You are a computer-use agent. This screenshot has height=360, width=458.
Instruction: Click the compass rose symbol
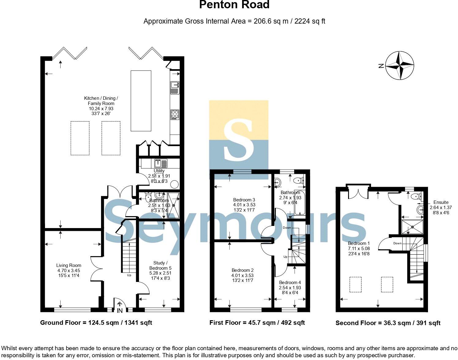(x=400, y=66)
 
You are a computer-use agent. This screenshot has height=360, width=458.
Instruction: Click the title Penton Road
(x=234, y=5)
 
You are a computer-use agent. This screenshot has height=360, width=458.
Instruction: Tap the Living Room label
(x=69, y=265)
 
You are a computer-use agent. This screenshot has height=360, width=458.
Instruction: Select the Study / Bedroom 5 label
(x=160, y=265)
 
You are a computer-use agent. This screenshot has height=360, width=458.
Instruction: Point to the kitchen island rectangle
(x=141, y=101)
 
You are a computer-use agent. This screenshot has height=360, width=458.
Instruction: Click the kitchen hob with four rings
(x=175, y=115)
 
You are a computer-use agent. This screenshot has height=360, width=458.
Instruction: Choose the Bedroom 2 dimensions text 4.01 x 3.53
(x=242, y=275)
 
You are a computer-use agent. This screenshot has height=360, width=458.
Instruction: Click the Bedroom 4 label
(x=290, y=282)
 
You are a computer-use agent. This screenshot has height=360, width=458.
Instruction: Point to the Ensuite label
(x=441, y=202)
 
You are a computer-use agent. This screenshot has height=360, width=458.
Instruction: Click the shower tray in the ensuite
(x=412, y=227)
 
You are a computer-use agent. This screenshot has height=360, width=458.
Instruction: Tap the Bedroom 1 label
(x=359, y=243)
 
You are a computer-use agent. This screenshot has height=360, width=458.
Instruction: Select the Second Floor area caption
(x=388, y=323)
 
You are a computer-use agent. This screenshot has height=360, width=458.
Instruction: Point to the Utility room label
(x=159, y=171)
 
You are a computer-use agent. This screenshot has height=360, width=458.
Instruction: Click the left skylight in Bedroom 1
(x=355, y=284)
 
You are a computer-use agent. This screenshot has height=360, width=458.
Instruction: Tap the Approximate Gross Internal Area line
(x=234, y=21)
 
